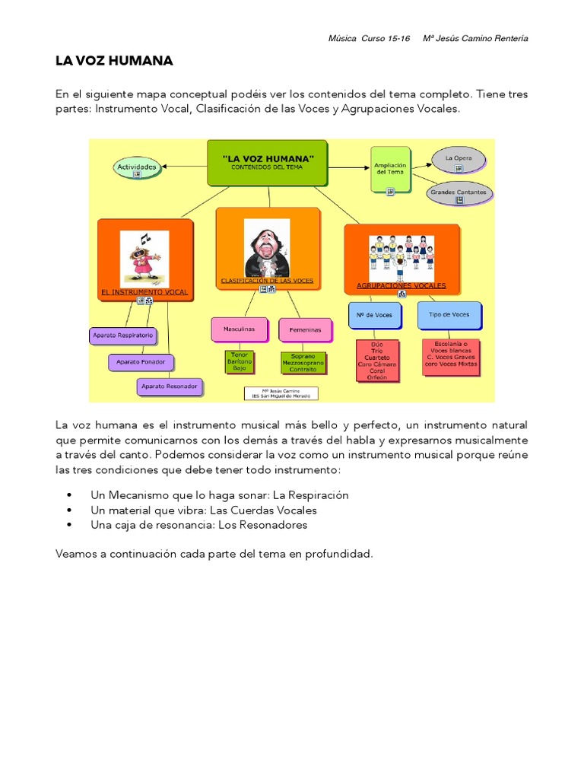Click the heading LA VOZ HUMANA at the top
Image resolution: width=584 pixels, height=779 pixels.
pyautogui.click(x=114, y=61)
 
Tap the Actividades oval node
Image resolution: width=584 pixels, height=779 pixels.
pyautogui.click(x=138, y=167)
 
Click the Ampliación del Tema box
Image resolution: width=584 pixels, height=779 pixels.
pyautogui.click(x=391, y=170)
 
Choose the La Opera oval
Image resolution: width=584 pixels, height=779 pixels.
pyautogui.click(x=459, y=159)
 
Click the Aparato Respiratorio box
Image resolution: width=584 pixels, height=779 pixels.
pyautogui.click(x=122, y=335)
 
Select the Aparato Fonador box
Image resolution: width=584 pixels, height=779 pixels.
pyautogui.click(x=141, y=361)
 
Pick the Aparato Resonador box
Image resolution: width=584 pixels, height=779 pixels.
pyautogui.click(x=170, y=386)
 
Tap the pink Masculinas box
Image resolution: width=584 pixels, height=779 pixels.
pyautogui.click(x=239, y=329)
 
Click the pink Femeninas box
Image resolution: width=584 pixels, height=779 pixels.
pyautogui.click(x=305, y=330)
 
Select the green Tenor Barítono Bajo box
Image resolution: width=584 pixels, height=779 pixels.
pyautogui.click(x=239, y=361)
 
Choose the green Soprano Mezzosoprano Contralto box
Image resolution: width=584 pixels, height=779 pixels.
pyautogui.click(x=303, y=361)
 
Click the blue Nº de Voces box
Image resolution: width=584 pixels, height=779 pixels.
pyautogui.click(x=374, y=315)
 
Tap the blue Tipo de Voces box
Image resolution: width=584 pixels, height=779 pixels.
pyautogui.click(x=449, y=314)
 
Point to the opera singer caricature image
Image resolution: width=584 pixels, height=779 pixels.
pyautogui.click(x=267, y=249)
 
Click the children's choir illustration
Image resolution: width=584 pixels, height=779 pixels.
pyautogui.click(x=401, y=254)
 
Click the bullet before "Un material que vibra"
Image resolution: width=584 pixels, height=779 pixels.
pyautogui.click(x=70, y=510)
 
